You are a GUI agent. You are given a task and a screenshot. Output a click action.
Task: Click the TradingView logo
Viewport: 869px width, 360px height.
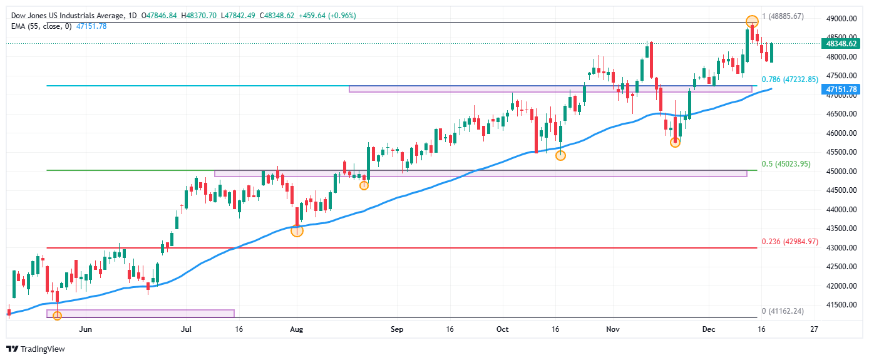pyautogui.click(x=36, y=349)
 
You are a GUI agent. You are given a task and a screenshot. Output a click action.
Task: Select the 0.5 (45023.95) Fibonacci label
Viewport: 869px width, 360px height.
pyautogui.click(x=786, y=165)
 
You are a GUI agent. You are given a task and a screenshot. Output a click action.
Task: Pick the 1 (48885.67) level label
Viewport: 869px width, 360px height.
pyautogui.click(x=791, y=16)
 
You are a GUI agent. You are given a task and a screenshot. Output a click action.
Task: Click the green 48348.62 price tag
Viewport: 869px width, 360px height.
pyautogui.click(x=841, y=44)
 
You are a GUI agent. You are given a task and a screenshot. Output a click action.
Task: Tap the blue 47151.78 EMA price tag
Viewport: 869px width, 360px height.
pyautogui.click(x=841, y=90)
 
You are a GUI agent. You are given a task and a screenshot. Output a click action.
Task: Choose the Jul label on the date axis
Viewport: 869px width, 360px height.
pyautogui.click(x=185, y=329)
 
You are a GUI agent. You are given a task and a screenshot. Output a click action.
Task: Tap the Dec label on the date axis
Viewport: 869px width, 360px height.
pyautogui.click(x=709, y=329)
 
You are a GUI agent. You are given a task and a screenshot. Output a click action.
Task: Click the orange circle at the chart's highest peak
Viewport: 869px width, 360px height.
pyautogui.click(x=752, y=21)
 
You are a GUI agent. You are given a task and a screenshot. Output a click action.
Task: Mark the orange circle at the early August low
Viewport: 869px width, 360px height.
pyautogui.click(x=297, y=231)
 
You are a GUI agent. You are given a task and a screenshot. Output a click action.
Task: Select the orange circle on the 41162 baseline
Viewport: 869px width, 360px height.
pyautogui.click(x=57, y=316)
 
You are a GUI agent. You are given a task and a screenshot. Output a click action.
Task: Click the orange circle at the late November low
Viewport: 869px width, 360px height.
pyautogui.click(x=675, y=143)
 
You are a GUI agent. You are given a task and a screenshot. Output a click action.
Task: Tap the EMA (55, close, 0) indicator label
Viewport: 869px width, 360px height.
pyautogui.click(x=41, y=26)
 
